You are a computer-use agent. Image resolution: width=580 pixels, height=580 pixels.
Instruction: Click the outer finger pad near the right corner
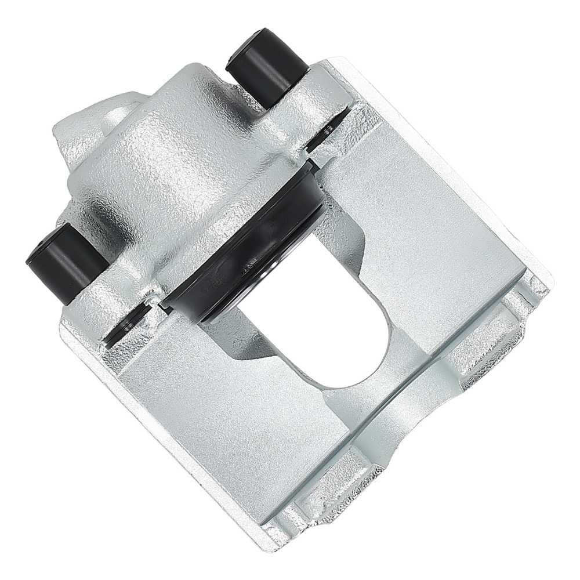click(493, 336)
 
